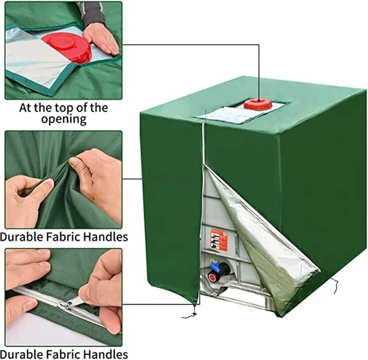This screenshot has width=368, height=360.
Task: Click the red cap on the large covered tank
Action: [258, 104]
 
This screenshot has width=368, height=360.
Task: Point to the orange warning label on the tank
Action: [218, 239]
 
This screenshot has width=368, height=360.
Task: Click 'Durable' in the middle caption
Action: [23, 237]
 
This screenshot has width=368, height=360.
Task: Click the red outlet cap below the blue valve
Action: [212, 277]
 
